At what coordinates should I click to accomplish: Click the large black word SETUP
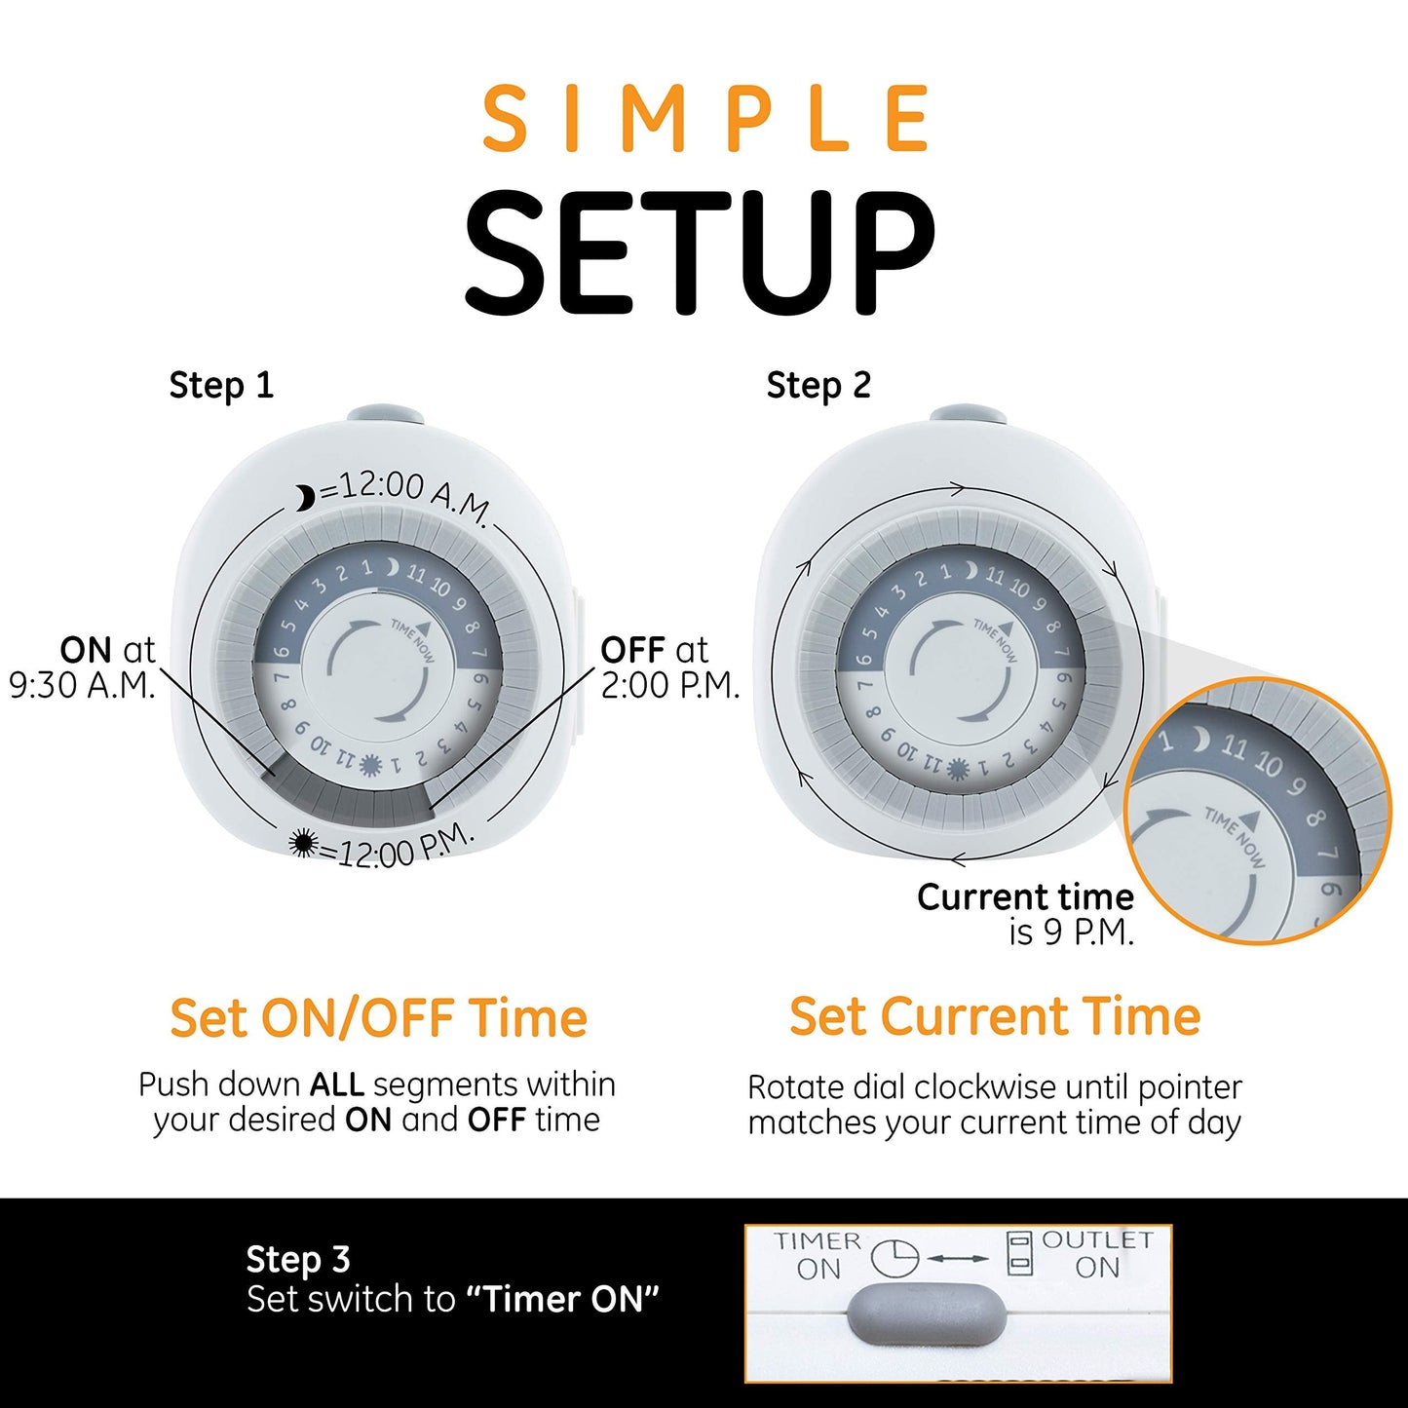(x=700, y=253)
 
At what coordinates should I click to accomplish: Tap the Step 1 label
(x=221, y=386)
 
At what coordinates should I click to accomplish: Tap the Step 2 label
(x=818, y=386)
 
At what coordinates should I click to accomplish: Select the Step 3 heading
(x=297, y=1259)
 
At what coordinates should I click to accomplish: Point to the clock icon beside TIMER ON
(x=894, y=1258)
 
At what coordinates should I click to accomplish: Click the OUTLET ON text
(x=1097, y=1254)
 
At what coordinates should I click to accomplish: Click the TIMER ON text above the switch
(x=818, y=1255)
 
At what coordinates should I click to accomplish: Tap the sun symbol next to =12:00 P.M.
(x=304, y=844)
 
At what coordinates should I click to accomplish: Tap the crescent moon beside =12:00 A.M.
(x=306, y=499)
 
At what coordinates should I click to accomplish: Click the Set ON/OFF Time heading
(x=378, y=1018)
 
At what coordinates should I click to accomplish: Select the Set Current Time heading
(x=995, y=1017)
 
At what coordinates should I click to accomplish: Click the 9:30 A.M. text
(x=82, y=686)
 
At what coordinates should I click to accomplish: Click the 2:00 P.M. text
(x=670, y=686)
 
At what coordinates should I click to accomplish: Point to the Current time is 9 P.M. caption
(x=1026, y=914)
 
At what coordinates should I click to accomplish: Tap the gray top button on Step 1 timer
(x=385, y=415)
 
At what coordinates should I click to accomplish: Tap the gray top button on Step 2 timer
(x=968, y=416)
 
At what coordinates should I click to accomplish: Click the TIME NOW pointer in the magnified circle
(x=1236, y=834)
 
